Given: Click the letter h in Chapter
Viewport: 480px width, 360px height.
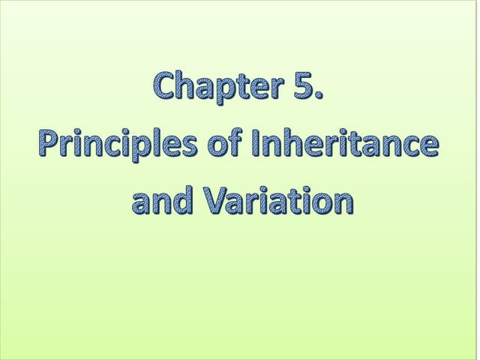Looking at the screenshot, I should [186, 87].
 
